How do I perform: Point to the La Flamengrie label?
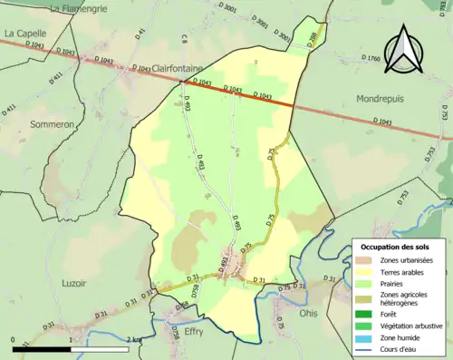(x=80, y=8)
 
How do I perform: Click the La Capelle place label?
(x=25, y=33)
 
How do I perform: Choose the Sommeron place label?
(x=52, y=123)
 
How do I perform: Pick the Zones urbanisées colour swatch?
(x=368, y=260)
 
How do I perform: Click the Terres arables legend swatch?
(x=368, y=272)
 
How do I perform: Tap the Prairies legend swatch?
(x=368, y=284)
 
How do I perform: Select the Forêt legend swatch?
(x=368, y=315)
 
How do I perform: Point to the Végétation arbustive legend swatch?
(x=368, y=326)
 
